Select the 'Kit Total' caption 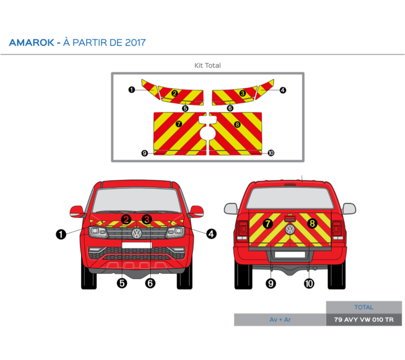(207, 65)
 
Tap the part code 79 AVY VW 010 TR (364, 319)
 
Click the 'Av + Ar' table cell (280, 319)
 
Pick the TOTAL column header (364, 307)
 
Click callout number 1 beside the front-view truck (61, 234)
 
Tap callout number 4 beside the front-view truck (211, 234)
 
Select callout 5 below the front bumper (122, 283)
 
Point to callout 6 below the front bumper (150, 283)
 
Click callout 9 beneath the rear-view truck (271, 283)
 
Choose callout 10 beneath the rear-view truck (309, 283)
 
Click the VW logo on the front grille (136, 233)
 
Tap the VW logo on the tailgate (290, 229)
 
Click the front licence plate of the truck (136, 244)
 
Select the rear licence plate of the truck (290, 255)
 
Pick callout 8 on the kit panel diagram (237, 124)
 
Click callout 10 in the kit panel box (271, 153)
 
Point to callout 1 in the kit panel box (131, 90)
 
